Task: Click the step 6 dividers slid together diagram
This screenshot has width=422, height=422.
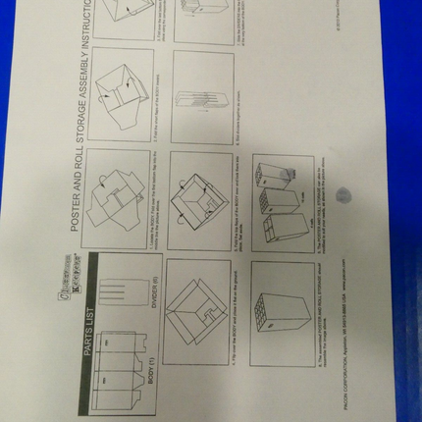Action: coord(201,98)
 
